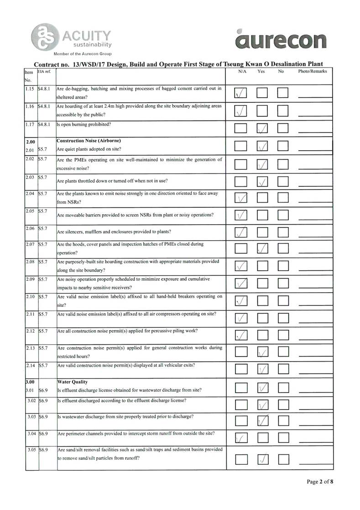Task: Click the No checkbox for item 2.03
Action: [283, 182]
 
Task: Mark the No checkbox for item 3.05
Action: [283, 457]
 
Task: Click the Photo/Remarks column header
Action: [313, 72]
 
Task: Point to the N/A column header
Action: [242, 72]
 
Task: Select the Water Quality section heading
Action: [73, 381]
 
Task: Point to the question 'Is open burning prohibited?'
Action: [84, 124]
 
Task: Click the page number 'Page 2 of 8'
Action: [320, 482]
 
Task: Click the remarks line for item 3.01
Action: [315, 392]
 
